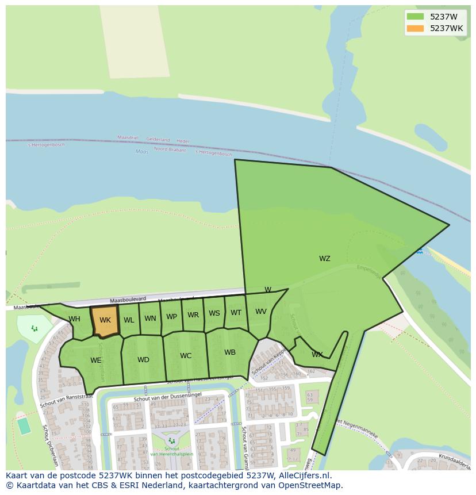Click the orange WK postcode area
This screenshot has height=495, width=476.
pyautogui.click(x=105, y=320)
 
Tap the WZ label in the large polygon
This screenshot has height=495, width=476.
pyautogui.click(x=325, y=259)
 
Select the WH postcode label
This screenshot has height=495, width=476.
pyautogui.click(x=74, y=319)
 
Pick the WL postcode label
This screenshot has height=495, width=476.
pyautogui.click(x=129, y=320)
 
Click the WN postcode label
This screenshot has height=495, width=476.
pyautogui.click(x=150, y=319)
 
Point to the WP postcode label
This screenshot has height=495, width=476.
pyautogui.click(x=171, y=317)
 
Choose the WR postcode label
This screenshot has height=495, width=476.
pyautogui.click(x=193, y=315)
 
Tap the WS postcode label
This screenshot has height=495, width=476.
pyautogui.click(x=214, y=313)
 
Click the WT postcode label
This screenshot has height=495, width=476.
pyautogui.click(x=236, y=313)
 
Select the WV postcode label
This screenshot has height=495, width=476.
pyautogui.click(x=261, y=312)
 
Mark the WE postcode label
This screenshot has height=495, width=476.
pyautogui.click(x=95, y=360)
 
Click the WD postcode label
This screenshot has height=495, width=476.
pyautogui.click(x=143, y=360)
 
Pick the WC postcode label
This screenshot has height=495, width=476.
pyautogui.click(x=186, y=356)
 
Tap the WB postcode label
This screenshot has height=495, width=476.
pyautogui.click(x=230, y=352)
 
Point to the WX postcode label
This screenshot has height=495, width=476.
pyautogui.click(x=317, y=355)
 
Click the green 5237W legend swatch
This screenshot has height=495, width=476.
pyautogui.click(x=414, y=17)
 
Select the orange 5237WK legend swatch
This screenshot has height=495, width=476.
pyautogui.click(x=414, y=28)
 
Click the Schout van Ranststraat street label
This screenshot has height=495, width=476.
pyautogui.click(x=66, y=401)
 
